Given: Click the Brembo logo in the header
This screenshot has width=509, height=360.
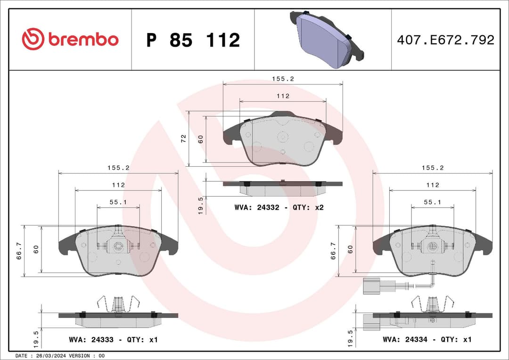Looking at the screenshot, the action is point(70,40).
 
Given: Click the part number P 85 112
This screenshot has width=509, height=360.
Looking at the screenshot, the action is point(193,40).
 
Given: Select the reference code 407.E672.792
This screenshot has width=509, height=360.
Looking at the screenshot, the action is point(445,40).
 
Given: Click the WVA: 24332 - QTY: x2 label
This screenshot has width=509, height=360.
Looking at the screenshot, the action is point(279,207).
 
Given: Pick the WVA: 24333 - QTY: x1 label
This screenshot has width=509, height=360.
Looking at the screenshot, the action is point(113,339).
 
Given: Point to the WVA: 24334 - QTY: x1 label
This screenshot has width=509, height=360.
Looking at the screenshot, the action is point(427,339).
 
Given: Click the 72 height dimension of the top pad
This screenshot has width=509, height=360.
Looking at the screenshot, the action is point(184,139).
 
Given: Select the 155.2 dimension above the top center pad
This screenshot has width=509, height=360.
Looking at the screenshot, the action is point(283,79).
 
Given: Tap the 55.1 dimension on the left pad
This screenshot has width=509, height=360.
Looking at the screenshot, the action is point(118,202).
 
